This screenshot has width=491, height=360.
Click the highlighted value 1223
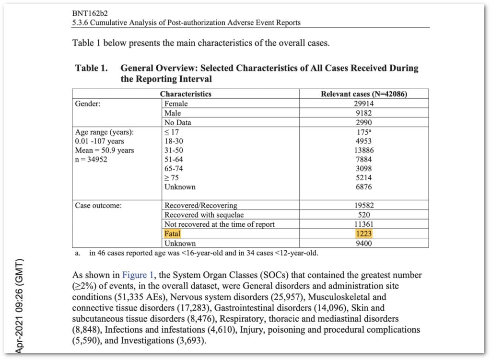(364, 234)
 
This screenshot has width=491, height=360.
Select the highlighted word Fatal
(172, 234)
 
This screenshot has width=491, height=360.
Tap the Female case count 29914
(364, 104)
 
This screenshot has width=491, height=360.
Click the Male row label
(173, 113)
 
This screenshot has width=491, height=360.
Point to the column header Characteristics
(186, 94)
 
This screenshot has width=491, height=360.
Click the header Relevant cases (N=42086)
(364, 94)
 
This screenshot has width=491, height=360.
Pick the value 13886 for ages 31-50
(364, 150)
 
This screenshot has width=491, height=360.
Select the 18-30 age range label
(175, 141)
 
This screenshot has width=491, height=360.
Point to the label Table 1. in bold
(92, 68)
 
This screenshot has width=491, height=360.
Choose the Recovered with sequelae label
(200, 215)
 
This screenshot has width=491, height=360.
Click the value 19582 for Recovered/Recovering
(364, 206)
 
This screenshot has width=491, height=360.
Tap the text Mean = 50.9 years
(105, 150)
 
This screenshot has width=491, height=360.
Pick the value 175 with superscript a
(364, 131)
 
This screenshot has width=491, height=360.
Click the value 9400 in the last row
(364, 243)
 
